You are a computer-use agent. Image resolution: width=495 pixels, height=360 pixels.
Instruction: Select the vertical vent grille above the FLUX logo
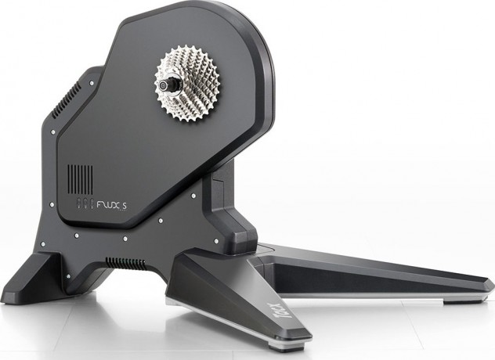(78, 179)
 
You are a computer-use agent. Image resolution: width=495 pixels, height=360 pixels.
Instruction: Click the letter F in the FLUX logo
(99, 208)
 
